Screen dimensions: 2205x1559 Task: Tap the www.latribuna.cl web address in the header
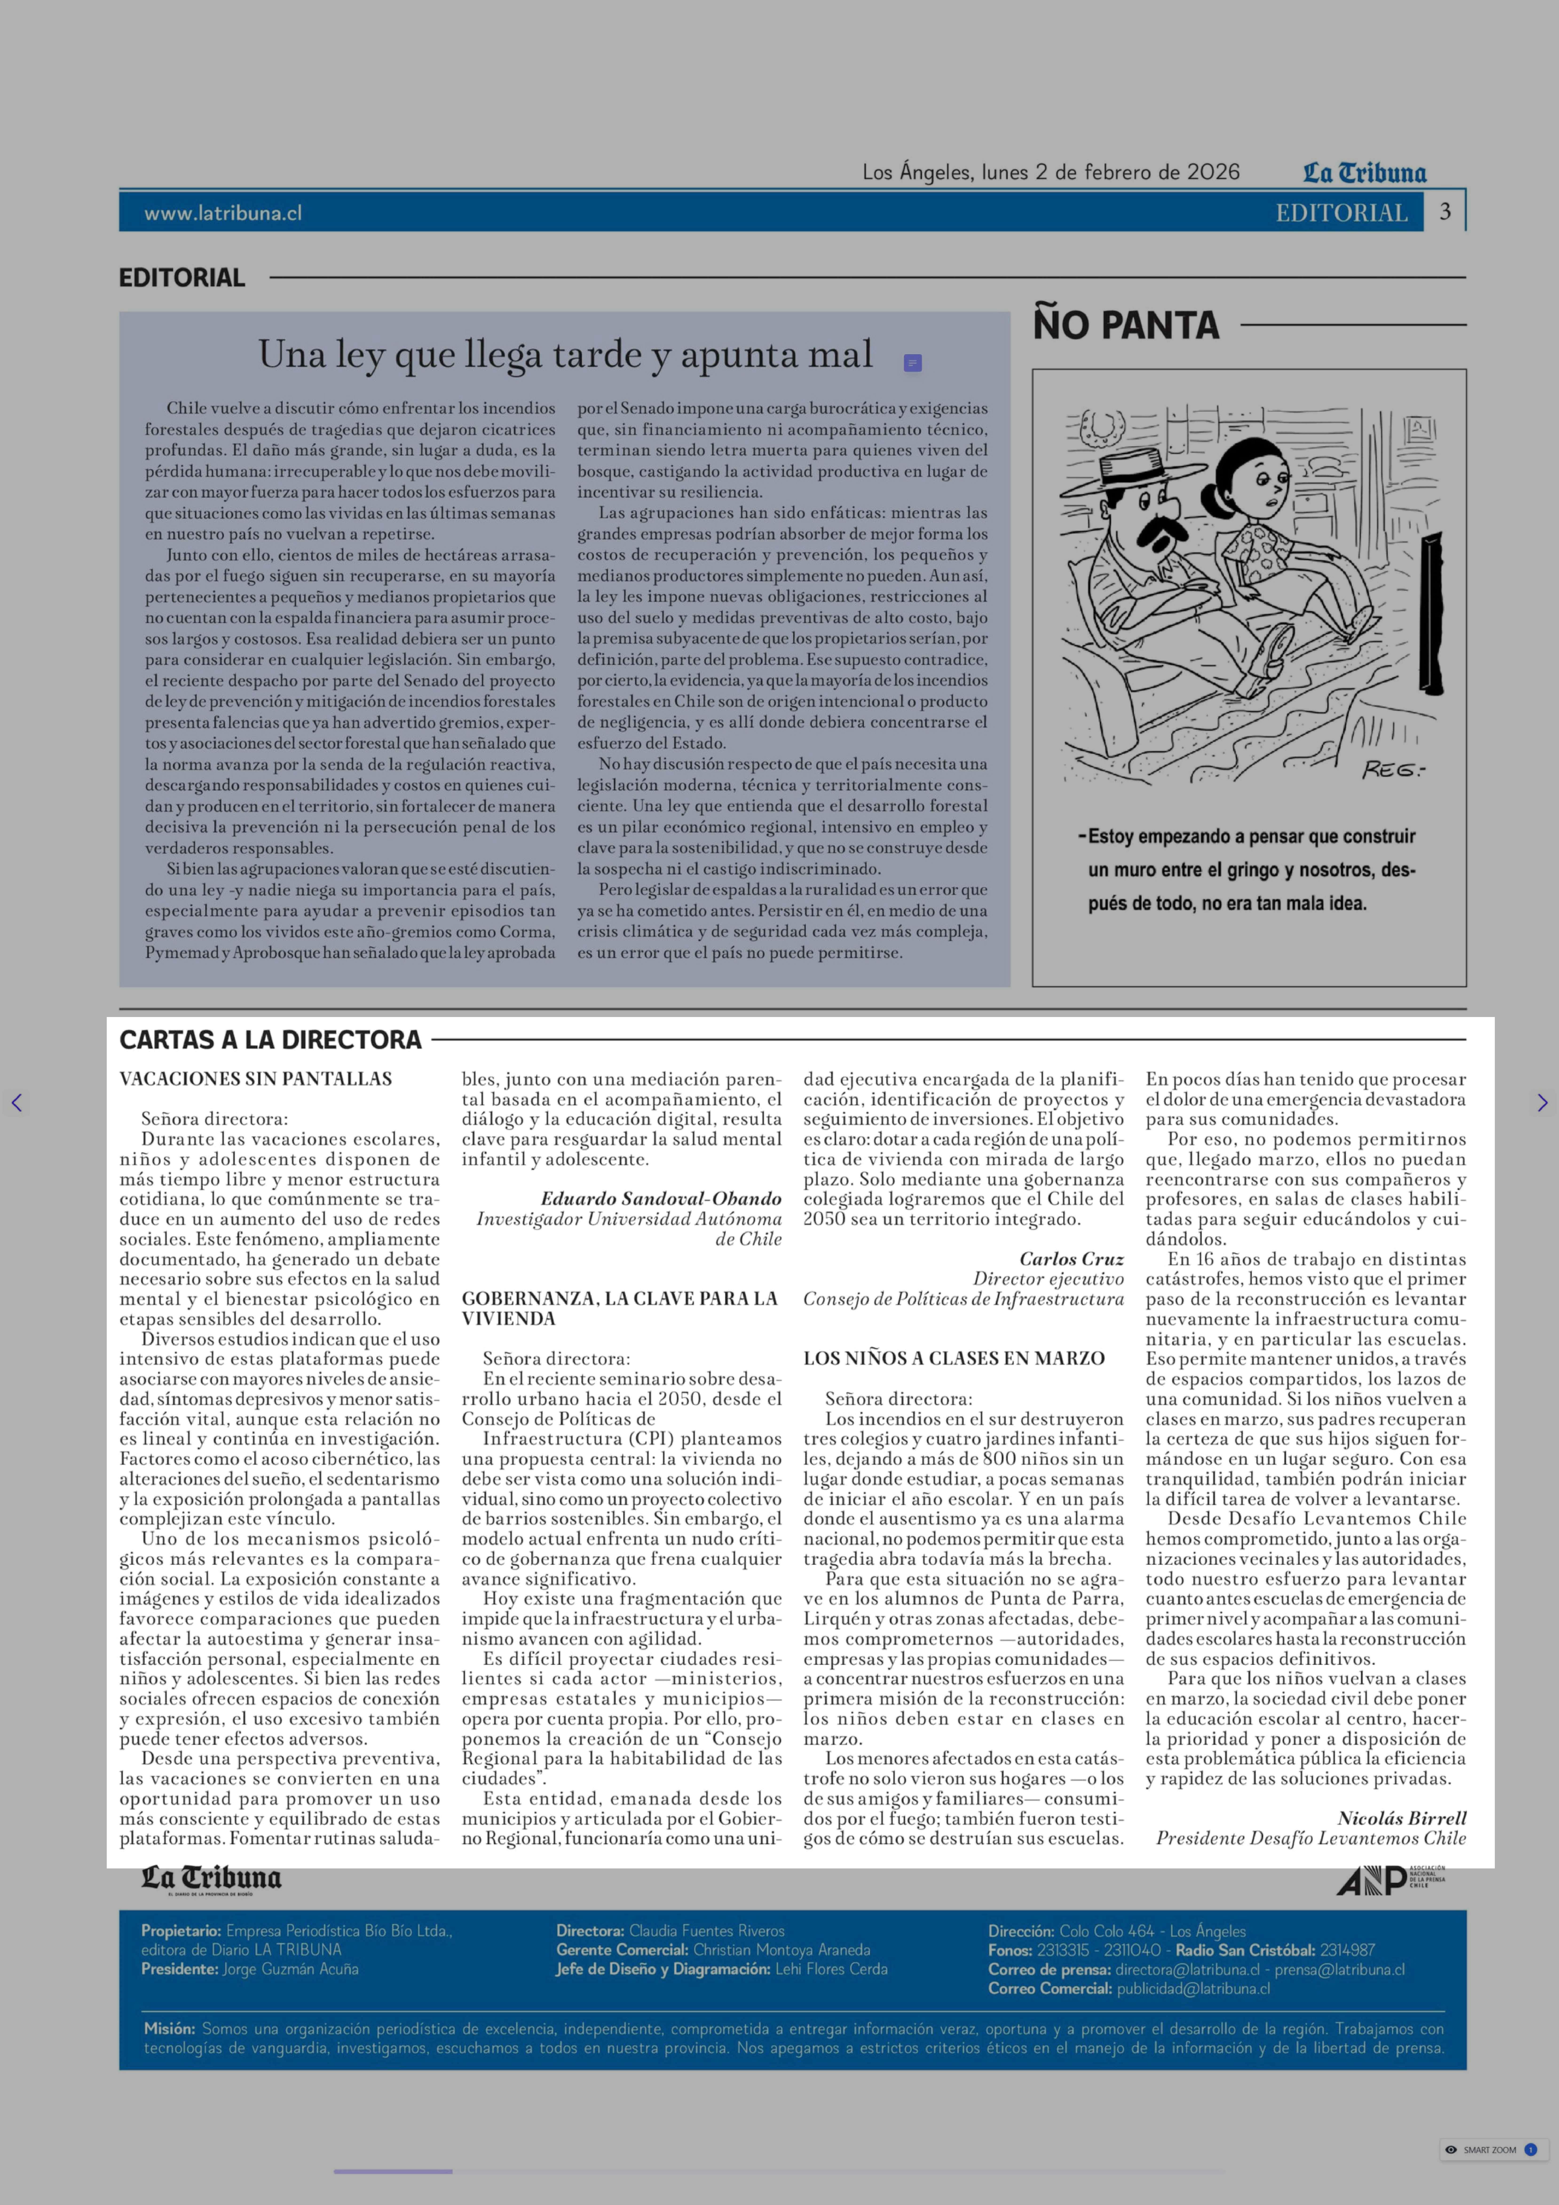pos(223,213)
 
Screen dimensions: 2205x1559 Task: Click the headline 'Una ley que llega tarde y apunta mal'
pos(565,354)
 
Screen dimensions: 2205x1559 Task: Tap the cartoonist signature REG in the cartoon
pos(1394,769)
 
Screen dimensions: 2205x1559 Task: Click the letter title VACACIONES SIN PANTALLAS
pos(255,1078)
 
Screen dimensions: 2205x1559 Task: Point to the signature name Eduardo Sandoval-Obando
pos(660,1199)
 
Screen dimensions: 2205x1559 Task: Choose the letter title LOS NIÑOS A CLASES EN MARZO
pos(953,1358)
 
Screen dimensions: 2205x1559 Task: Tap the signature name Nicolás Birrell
pos(1401,1818)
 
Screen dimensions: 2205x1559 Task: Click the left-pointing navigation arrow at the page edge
pos(16,1103)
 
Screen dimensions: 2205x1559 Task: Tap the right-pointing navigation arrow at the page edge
pos(1542,1103)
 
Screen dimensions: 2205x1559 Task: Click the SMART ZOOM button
pos(1490,2149)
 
